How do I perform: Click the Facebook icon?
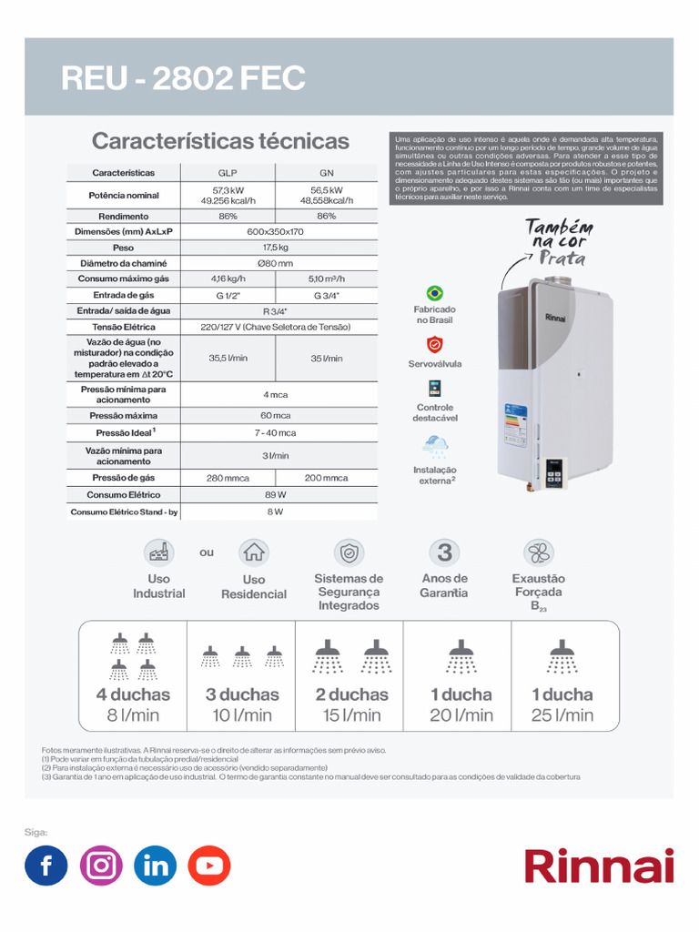coord(46,866)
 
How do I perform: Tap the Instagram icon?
coord(101,866)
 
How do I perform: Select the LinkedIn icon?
coord(156,866)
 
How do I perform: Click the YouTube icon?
coord(209,866)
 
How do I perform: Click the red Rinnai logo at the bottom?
coord(598,866)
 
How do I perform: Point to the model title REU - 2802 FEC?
coord(183,79)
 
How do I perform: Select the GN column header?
coord(326,172)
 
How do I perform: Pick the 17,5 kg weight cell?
coord(276,248)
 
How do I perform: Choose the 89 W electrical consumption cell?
coord(276,495)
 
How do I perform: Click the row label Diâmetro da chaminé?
coord(124,263)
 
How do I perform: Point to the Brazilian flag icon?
coord(435,293)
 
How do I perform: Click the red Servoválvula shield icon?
coord(435,345)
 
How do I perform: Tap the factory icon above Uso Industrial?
coord(158,552)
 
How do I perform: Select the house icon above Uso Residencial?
coord(254,552)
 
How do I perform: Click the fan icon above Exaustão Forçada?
coord(538,552)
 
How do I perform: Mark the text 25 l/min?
coord(562,715)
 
